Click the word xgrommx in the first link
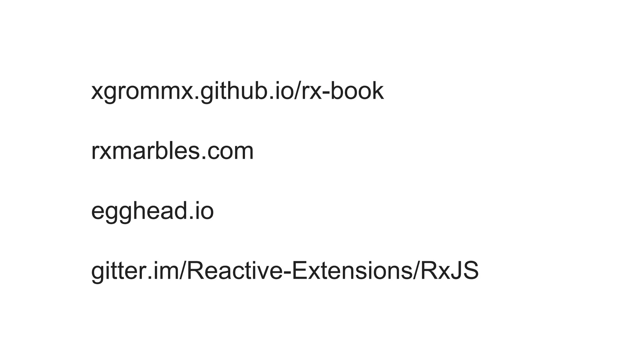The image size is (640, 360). (142, 91)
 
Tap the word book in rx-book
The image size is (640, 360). (357, 91)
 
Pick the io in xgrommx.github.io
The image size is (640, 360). (281, 91)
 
